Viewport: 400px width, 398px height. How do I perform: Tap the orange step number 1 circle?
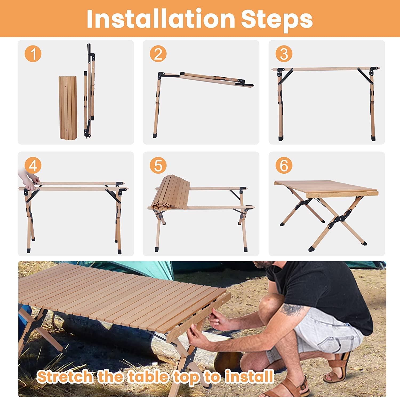(33, 54)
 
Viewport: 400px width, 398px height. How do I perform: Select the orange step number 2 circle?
(158, 54)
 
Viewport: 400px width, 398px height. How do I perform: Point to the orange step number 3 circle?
(284, 54)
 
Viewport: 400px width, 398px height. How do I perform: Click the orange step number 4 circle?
(33, 165)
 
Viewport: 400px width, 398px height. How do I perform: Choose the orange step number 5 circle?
(158, 165)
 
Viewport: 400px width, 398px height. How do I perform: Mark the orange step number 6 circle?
(284, 165)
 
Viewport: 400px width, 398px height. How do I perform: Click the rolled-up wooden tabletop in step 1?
(68, 107)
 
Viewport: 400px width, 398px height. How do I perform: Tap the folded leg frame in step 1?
(89, 91)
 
